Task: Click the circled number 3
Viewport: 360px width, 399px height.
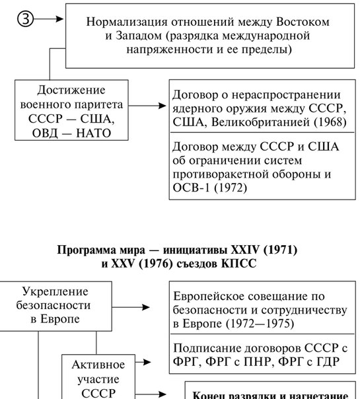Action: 26,19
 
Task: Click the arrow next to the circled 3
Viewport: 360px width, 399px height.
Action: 48,19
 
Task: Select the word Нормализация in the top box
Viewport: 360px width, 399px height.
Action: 127,22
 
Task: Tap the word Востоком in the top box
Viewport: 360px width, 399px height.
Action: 303,22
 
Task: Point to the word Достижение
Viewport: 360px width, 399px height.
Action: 71,90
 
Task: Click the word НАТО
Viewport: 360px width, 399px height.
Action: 94,133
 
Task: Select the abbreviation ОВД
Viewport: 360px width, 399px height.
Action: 45,133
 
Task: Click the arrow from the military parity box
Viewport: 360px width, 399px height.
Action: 147,105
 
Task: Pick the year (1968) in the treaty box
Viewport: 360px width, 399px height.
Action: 330,122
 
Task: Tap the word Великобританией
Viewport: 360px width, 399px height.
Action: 260,122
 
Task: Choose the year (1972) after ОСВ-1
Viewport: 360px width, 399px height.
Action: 231,188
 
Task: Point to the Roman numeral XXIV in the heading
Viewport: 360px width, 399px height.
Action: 245,250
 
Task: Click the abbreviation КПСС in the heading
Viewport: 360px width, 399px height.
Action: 238,264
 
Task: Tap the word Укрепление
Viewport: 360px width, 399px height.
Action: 55,292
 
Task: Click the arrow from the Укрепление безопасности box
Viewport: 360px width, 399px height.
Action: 131,307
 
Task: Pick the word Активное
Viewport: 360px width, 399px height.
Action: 98,365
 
